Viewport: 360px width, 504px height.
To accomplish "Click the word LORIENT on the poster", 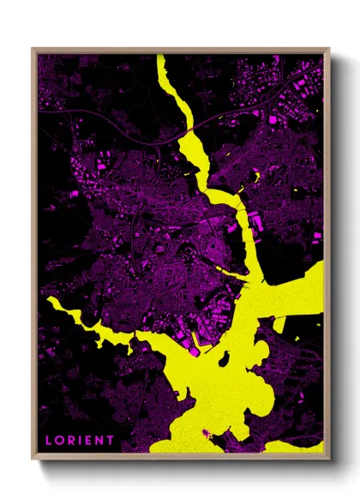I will (79, 441).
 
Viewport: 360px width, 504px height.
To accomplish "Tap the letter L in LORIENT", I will (48, 441).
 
